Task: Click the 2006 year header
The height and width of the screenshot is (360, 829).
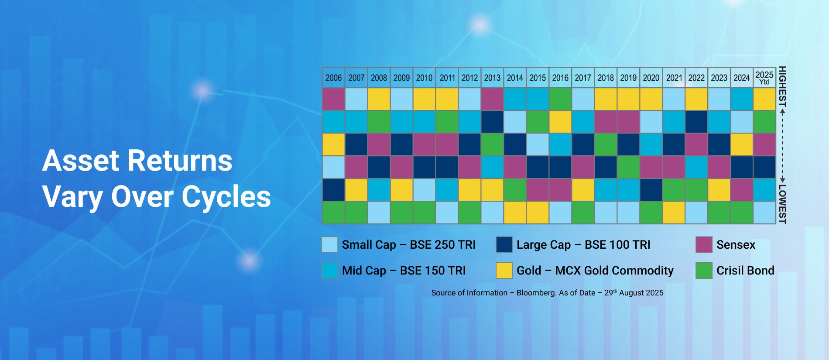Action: (x=333, y=78)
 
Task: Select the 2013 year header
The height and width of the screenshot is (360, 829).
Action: (x=492, y=78)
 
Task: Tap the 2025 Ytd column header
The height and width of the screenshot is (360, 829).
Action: (x=764, y=78)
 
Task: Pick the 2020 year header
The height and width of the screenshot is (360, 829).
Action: (x=651, y=78)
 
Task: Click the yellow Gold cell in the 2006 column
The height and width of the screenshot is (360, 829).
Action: (x=333, y=144)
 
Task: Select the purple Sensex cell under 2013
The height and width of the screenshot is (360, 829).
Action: (x=492, y=99)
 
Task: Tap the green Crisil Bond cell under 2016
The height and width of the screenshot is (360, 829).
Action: (x=560, y=99)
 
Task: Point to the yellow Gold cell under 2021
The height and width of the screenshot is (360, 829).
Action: (x=674, y=213)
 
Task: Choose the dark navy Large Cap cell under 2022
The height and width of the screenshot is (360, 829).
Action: (x=696, y=122)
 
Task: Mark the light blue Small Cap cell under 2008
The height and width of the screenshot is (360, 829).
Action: (x=379, y=213)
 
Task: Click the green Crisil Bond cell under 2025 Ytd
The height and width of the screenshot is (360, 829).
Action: (x=764, y=122)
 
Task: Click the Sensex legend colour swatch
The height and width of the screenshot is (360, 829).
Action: (x=704, y=245)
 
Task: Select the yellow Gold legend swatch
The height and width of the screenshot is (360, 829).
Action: (x=504, y=271)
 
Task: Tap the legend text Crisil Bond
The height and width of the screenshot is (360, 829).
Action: (x=745, y=271)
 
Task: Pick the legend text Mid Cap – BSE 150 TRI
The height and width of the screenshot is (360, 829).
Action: (x=404, y=271)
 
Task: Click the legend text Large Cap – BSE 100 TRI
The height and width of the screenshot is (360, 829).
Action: (x=583, y=245)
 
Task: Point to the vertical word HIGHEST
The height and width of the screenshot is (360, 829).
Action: (x=782, y=86)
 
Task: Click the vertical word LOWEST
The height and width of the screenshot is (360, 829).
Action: (x=782, y=204)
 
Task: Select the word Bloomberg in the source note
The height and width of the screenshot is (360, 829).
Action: (x=536, y=293)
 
